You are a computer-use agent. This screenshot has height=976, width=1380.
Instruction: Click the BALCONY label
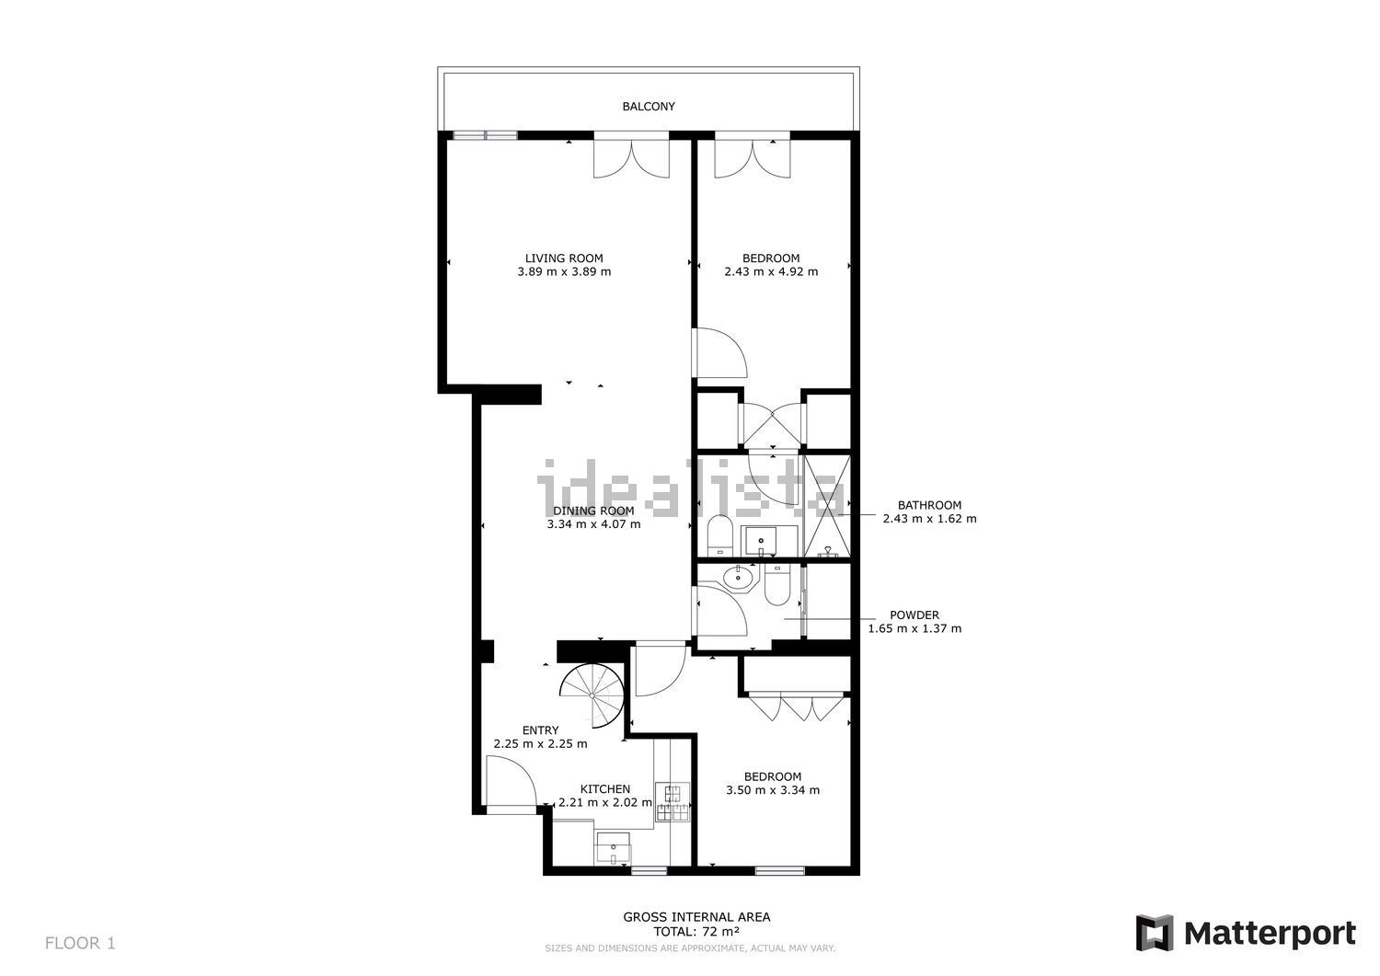tap(648, 107)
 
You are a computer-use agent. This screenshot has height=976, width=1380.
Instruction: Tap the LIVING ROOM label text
tap(564, 258)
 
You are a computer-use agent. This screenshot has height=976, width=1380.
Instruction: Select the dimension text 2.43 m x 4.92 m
tap(771, 271)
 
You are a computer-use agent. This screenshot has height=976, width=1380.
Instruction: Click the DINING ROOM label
tap(593, 511)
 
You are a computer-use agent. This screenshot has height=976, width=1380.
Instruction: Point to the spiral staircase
tap(592, 695)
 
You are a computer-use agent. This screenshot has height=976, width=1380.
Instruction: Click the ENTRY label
tap(540, 730)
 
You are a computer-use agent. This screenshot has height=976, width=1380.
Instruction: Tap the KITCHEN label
tap(605, 788)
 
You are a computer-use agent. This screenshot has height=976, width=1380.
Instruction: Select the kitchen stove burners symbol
tap(673, 801)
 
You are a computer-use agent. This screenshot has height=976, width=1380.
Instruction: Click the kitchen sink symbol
tap(613, 847)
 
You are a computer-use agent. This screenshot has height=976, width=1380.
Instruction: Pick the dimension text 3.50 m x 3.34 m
tap(773, 790)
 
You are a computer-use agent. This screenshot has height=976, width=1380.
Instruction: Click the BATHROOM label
tap(929, 505)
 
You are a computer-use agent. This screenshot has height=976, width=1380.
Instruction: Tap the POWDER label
tap(914, 614)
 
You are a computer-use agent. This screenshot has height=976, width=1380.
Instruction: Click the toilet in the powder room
tap(777, 585)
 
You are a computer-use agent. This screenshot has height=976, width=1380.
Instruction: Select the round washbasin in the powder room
tap(738, 578)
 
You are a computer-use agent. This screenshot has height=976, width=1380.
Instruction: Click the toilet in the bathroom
tap(719, 535)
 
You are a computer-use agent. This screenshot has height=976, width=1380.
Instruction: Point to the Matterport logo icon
tap(1154, 933)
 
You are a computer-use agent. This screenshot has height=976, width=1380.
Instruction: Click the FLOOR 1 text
tap(80, 943)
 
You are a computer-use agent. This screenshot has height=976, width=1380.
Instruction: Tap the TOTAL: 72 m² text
tap(696, 932)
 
